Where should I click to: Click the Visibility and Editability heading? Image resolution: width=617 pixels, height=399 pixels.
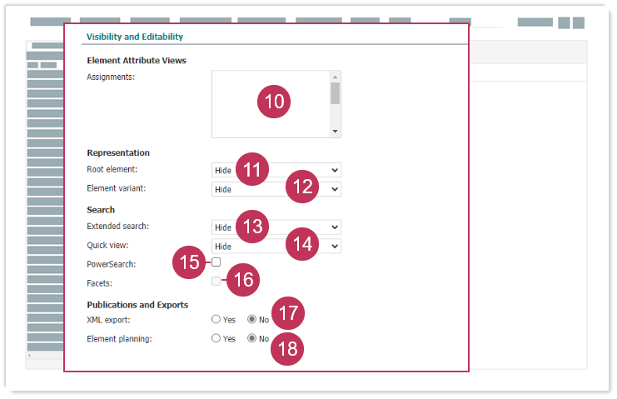point(135,37)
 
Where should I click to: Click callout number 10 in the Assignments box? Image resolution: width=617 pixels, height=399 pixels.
point(274,102)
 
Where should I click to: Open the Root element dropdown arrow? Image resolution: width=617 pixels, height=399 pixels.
point(335,170)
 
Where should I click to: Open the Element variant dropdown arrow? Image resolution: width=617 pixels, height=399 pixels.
point(335,189)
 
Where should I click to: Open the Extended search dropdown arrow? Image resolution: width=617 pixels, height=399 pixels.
point(335,227)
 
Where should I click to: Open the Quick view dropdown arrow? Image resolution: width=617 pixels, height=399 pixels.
point(335,247)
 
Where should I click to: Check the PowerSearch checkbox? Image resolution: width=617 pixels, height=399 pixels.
point(216,262)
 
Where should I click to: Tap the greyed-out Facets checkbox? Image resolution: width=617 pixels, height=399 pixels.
point(216,281)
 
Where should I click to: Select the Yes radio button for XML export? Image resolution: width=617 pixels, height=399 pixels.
point(216,319)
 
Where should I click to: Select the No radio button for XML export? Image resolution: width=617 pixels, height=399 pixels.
point(251,319)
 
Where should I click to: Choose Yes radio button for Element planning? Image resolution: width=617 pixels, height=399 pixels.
point(216,338)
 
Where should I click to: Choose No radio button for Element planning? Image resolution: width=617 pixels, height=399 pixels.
point(251,338)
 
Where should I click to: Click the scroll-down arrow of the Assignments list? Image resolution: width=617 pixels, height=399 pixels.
point(335,132)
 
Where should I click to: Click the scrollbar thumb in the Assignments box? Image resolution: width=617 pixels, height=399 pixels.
point(335,93)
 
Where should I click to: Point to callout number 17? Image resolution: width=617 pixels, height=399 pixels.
point(288,313)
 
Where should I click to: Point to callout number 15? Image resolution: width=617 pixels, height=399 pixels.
point(189,262)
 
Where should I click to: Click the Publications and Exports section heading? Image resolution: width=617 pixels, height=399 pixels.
point(137,305)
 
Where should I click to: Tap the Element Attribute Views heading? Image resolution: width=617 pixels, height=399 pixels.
point(137,60)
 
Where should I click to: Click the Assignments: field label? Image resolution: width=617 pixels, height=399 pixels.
point(111,77)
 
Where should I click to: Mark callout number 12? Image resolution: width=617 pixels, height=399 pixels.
point(302,187)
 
